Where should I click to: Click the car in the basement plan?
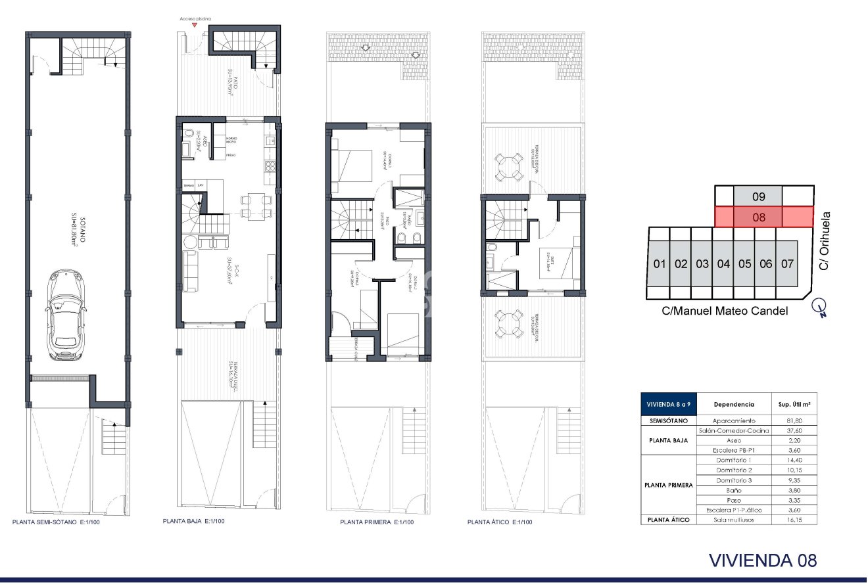point(66,317)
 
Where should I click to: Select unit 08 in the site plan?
point(758,217)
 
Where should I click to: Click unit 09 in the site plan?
point(758,196)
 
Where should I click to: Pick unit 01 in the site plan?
point(660,264)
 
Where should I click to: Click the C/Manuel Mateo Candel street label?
point(725,311)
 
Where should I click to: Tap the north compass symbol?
point(819,306)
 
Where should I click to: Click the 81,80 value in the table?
point(788,420)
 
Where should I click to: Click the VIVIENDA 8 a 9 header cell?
point(667,405)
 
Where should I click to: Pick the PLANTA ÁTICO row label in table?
point(667,520)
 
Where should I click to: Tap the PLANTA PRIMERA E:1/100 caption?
point(377,522)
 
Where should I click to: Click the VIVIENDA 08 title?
point(763,560)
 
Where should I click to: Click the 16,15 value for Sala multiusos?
point(788,520)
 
